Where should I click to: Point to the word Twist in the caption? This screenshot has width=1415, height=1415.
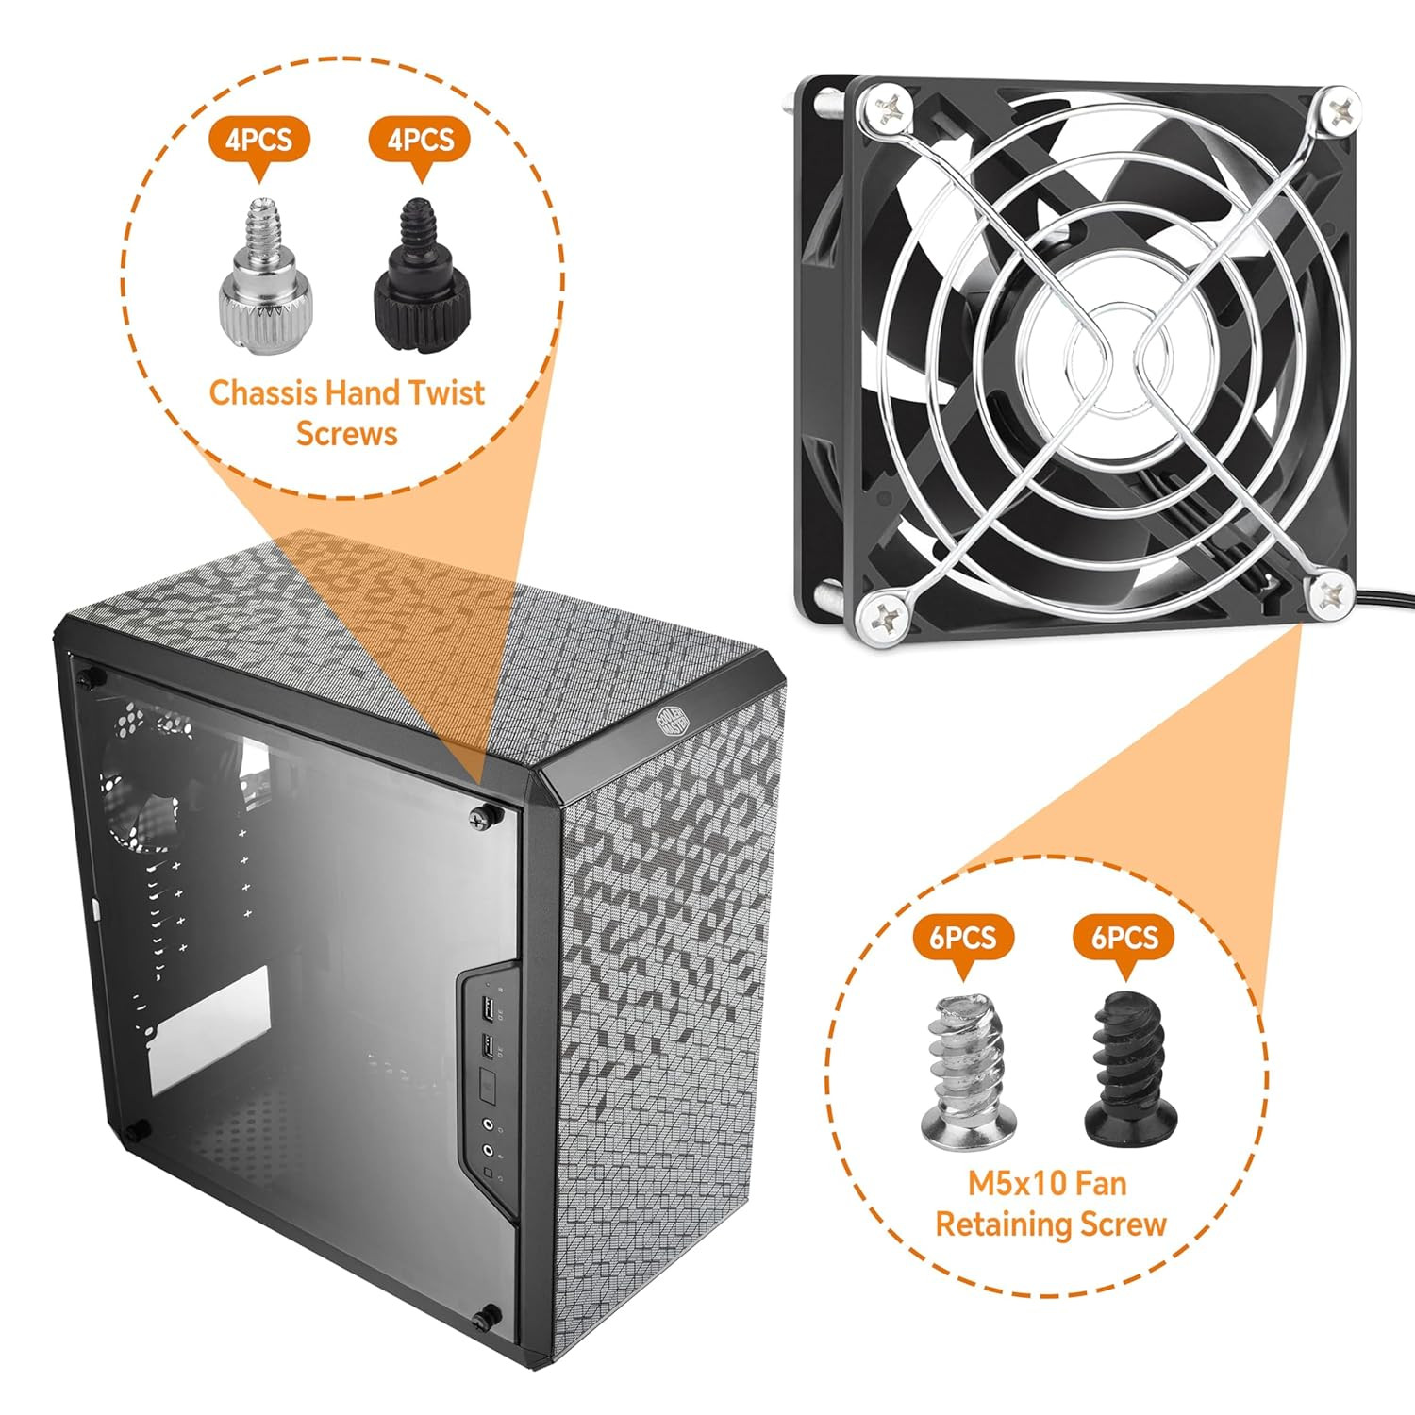click(x=444, y=392)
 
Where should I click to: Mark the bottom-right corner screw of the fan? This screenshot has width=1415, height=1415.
click(x=1331, y=593)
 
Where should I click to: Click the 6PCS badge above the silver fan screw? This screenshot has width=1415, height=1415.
click(x=962, y=938)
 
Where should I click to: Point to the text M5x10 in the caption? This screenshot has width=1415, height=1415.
click(x=1007, y=1183)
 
